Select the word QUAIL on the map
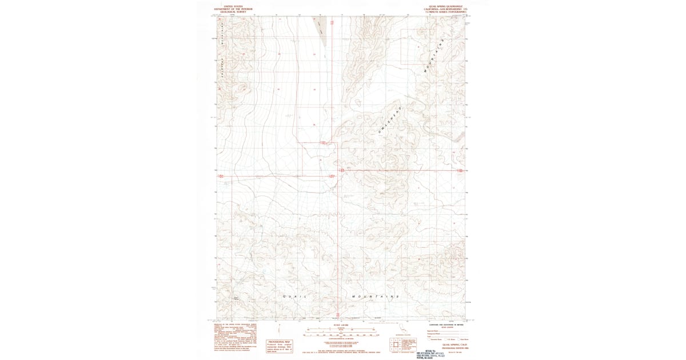tap(295, 297)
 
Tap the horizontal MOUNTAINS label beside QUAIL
tap(375, 297)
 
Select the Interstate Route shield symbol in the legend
tap(433, 338)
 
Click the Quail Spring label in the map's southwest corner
tap(236, 297)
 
